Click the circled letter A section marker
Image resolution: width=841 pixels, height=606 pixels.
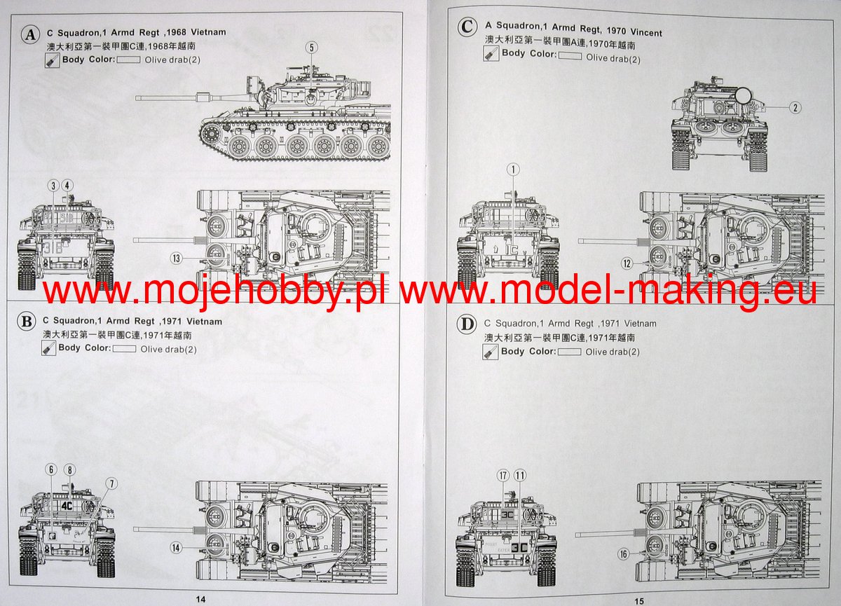coord(30,34)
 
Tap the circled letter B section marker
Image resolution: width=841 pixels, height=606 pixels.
coord(26,322)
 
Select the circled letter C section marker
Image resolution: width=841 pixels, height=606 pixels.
coord(466,27)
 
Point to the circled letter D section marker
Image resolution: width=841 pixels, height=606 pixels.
coord(465,324)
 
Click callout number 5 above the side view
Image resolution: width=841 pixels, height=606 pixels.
coord(312,48)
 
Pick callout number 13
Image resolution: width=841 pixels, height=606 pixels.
coord(177,259)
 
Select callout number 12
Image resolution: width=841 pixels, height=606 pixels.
coord(627,263)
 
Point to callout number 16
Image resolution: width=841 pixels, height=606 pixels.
coord(624,553)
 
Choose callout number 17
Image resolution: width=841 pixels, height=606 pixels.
coord(502,476)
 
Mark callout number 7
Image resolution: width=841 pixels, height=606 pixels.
coord(111,483)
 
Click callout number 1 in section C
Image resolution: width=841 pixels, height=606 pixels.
coord(513,170)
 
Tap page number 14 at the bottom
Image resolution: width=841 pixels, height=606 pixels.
coord(200,599)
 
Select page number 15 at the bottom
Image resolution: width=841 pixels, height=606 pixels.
coord(638,600)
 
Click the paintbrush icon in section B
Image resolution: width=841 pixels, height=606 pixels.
coord(49,348)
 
